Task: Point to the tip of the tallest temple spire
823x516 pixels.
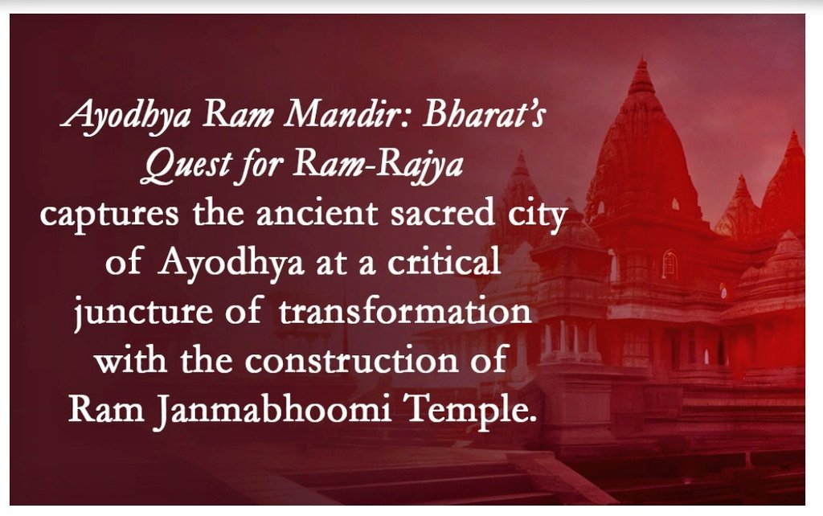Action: (641, 60)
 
